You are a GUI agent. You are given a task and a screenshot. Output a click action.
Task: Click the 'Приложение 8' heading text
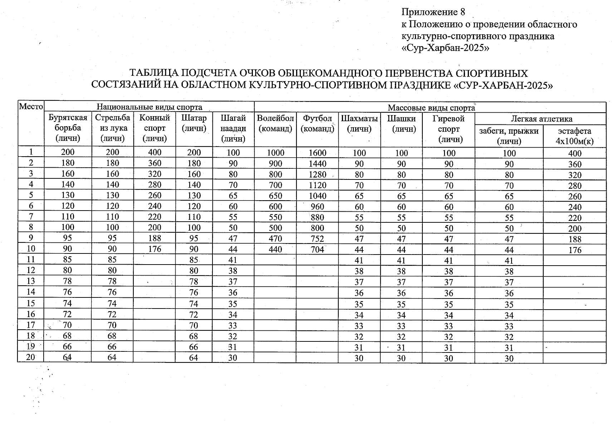433,13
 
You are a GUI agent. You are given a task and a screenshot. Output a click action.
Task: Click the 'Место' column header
31,107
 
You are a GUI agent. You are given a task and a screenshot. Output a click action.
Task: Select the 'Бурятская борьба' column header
68,128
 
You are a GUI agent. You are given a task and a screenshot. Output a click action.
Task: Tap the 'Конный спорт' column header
155,128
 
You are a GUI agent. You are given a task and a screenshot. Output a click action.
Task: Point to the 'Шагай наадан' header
233,128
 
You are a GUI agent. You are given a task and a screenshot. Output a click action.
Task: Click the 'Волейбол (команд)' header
275,123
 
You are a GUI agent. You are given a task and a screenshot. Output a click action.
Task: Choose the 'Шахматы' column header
359,123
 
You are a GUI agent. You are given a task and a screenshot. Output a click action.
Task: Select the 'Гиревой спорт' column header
449,129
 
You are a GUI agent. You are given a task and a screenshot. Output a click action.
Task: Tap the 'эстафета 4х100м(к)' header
574,136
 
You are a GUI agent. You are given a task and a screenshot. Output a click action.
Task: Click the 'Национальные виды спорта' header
149,107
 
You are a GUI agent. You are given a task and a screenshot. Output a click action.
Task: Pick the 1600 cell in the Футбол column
318,153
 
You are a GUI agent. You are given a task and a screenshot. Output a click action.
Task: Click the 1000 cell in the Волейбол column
275,153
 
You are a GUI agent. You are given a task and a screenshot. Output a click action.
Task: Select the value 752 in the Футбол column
318,239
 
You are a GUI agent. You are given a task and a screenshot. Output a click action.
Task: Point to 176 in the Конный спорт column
155,249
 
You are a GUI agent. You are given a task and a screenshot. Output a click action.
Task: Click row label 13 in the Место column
31,281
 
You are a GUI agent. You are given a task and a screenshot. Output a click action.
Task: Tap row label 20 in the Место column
31,357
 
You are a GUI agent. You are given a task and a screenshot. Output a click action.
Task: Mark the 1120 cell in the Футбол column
318,185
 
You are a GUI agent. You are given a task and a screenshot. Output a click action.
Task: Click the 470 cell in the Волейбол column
275,239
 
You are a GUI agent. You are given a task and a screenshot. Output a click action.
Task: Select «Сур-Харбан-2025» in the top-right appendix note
445,48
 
